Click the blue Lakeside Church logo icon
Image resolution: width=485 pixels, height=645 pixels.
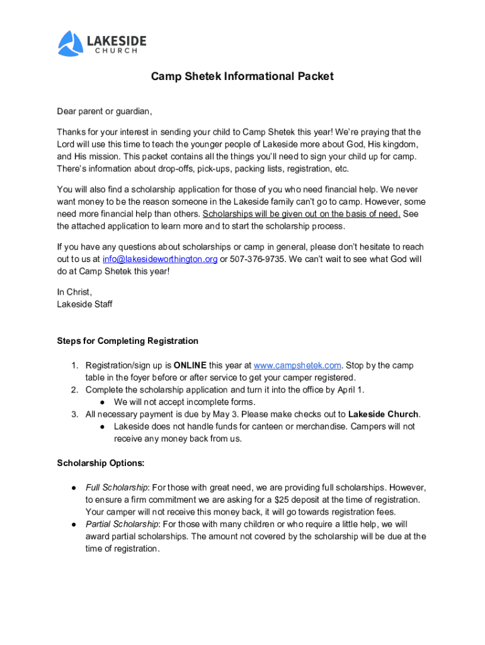coord(71,43)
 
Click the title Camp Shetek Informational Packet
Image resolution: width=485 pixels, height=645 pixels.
coord(242,77)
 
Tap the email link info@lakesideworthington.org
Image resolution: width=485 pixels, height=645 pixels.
coord(160,259)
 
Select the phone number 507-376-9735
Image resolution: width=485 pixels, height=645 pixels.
coord(257,259)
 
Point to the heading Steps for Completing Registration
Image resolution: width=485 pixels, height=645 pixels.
coord(128,341)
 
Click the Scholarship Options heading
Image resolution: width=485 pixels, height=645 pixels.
coord(101,463)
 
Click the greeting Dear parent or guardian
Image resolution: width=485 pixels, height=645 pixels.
coord(105,111)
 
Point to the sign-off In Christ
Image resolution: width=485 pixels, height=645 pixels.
coord(74,292)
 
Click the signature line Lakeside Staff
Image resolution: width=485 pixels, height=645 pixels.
coord(85,304)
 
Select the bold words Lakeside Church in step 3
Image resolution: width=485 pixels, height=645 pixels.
coord(383,414)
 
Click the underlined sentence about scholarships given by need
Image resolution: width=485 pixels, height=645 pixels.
coord(302,214)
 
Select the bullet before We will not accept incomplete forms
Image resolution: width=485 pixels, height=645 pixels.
coord(101,402)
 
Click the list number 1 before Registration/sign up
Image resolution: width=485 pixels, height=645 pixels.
coord(74,365)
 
